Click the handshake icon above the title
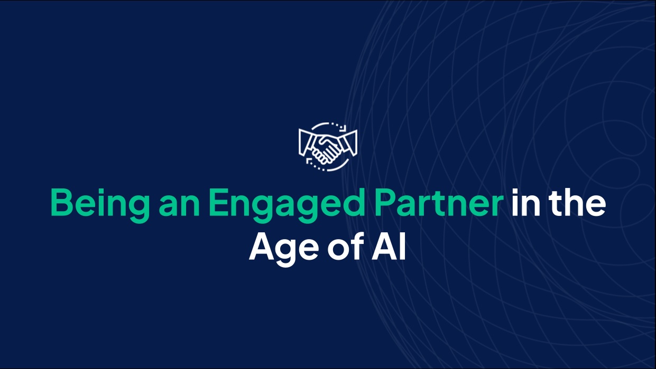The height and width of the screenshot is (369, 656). (x=328, y=146)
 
